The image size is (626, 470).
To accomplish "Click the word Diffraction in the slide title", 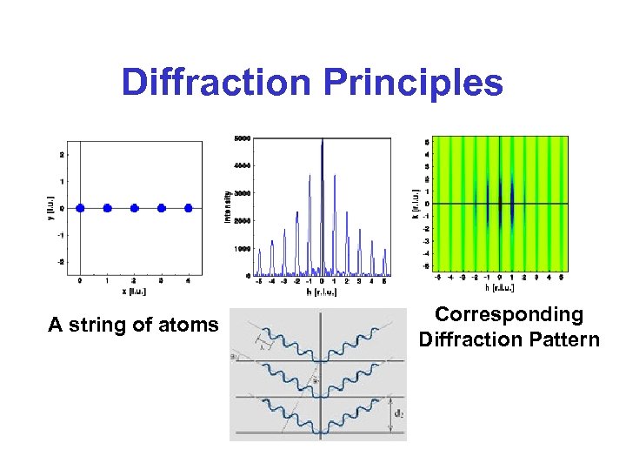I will coord(216,83).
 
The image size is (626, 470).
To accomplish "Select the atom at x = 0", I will coord(80,208).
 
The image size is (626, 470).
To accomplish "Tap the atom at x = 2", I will coord(135,208).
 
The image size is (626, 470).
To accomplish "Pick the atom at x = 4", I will coord(189,208).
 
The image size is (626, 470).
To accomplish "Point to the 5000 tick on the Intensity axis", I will coord(242,138).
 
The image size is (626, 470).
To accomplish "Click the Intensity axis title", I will coord(227,206).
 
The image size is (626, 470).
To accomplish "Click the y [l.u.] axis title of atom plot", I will coord(50,208).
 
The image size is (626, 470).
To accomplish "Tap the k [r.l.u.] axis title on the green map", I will coord(416,203).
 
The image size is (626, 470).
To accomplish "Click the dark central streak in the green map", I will coord(500,203).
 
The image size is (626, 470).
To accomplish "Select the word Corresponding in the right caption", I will coord(509,314).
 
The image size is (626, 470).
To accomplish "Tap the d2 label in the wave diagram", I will coord(398,414).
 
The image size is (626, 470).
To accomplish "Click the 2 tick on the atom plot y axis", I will coord(62,155).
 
